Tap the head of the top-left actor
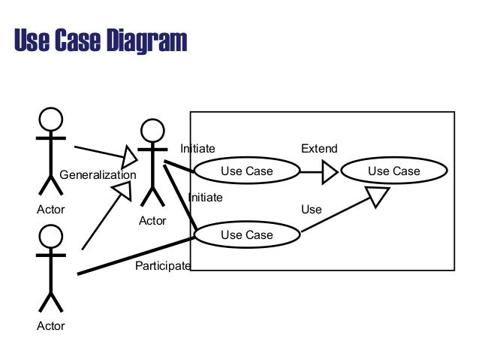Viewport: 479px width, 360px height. pos(50,119)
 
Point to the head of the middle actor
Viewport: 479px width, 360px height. pos(152,131)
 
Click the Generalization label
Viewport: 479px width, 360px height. pos(98,175)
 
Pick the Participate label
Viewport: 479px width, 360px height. pos(162,265)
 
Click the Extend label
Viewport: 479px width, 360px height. pos(319,149)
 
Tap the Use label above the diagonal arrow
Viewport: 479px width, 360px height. pos(311,209)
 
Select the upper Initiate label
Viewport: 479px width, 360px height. pos(197,149)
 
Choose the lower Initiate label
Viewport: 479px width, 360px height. pos(205,197)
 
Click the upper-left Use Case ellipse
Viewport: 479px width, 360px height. pos(247,171)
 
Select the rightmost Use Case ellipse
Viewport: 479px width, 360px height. pos(393,171)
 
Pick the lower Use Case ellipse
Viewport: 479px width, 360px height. pos(247,235)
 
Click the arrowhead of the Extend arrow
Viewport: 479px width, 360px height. pos(330,173)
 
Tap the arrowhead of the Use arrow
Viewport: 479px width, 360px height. pos(378,197)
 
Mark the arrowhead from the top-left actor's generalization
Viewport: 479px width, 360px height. pos(130,157)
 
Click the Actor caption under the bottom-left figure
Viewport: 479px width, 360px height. pos(50,325)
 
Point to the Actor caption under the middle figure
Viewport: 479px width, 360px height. pos(152,220)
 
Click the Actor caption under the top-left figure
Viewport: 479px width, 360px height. pos(50,209)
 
